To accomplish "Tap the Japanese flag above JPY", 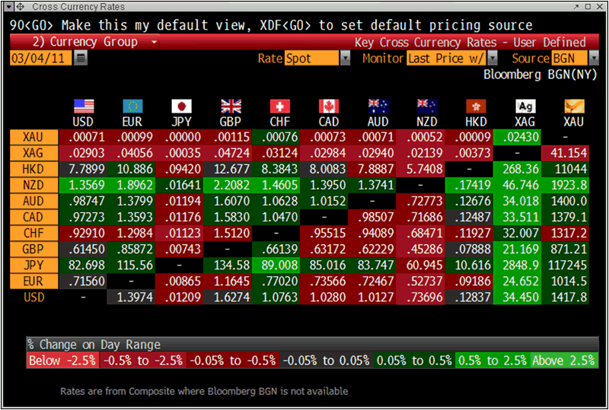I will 181,106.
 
